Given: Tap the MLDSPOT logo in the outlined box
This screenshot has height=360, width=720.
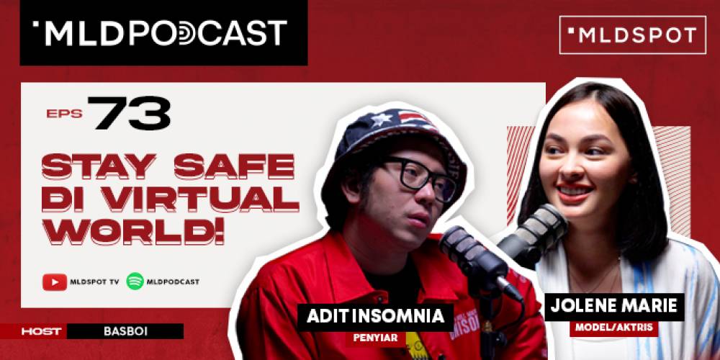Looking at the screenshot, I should [632, 35].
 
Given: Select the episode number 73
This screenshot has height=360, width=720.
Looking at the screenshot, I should [131, 114].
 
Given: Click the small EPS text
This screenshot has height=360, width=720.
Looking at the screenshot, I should [64, 114].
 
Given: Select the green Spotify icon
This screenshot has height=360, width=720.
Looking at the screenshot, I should [135, 282].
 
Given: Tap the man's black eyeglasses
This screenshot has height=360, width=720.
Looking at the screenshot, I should [420, 176].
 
